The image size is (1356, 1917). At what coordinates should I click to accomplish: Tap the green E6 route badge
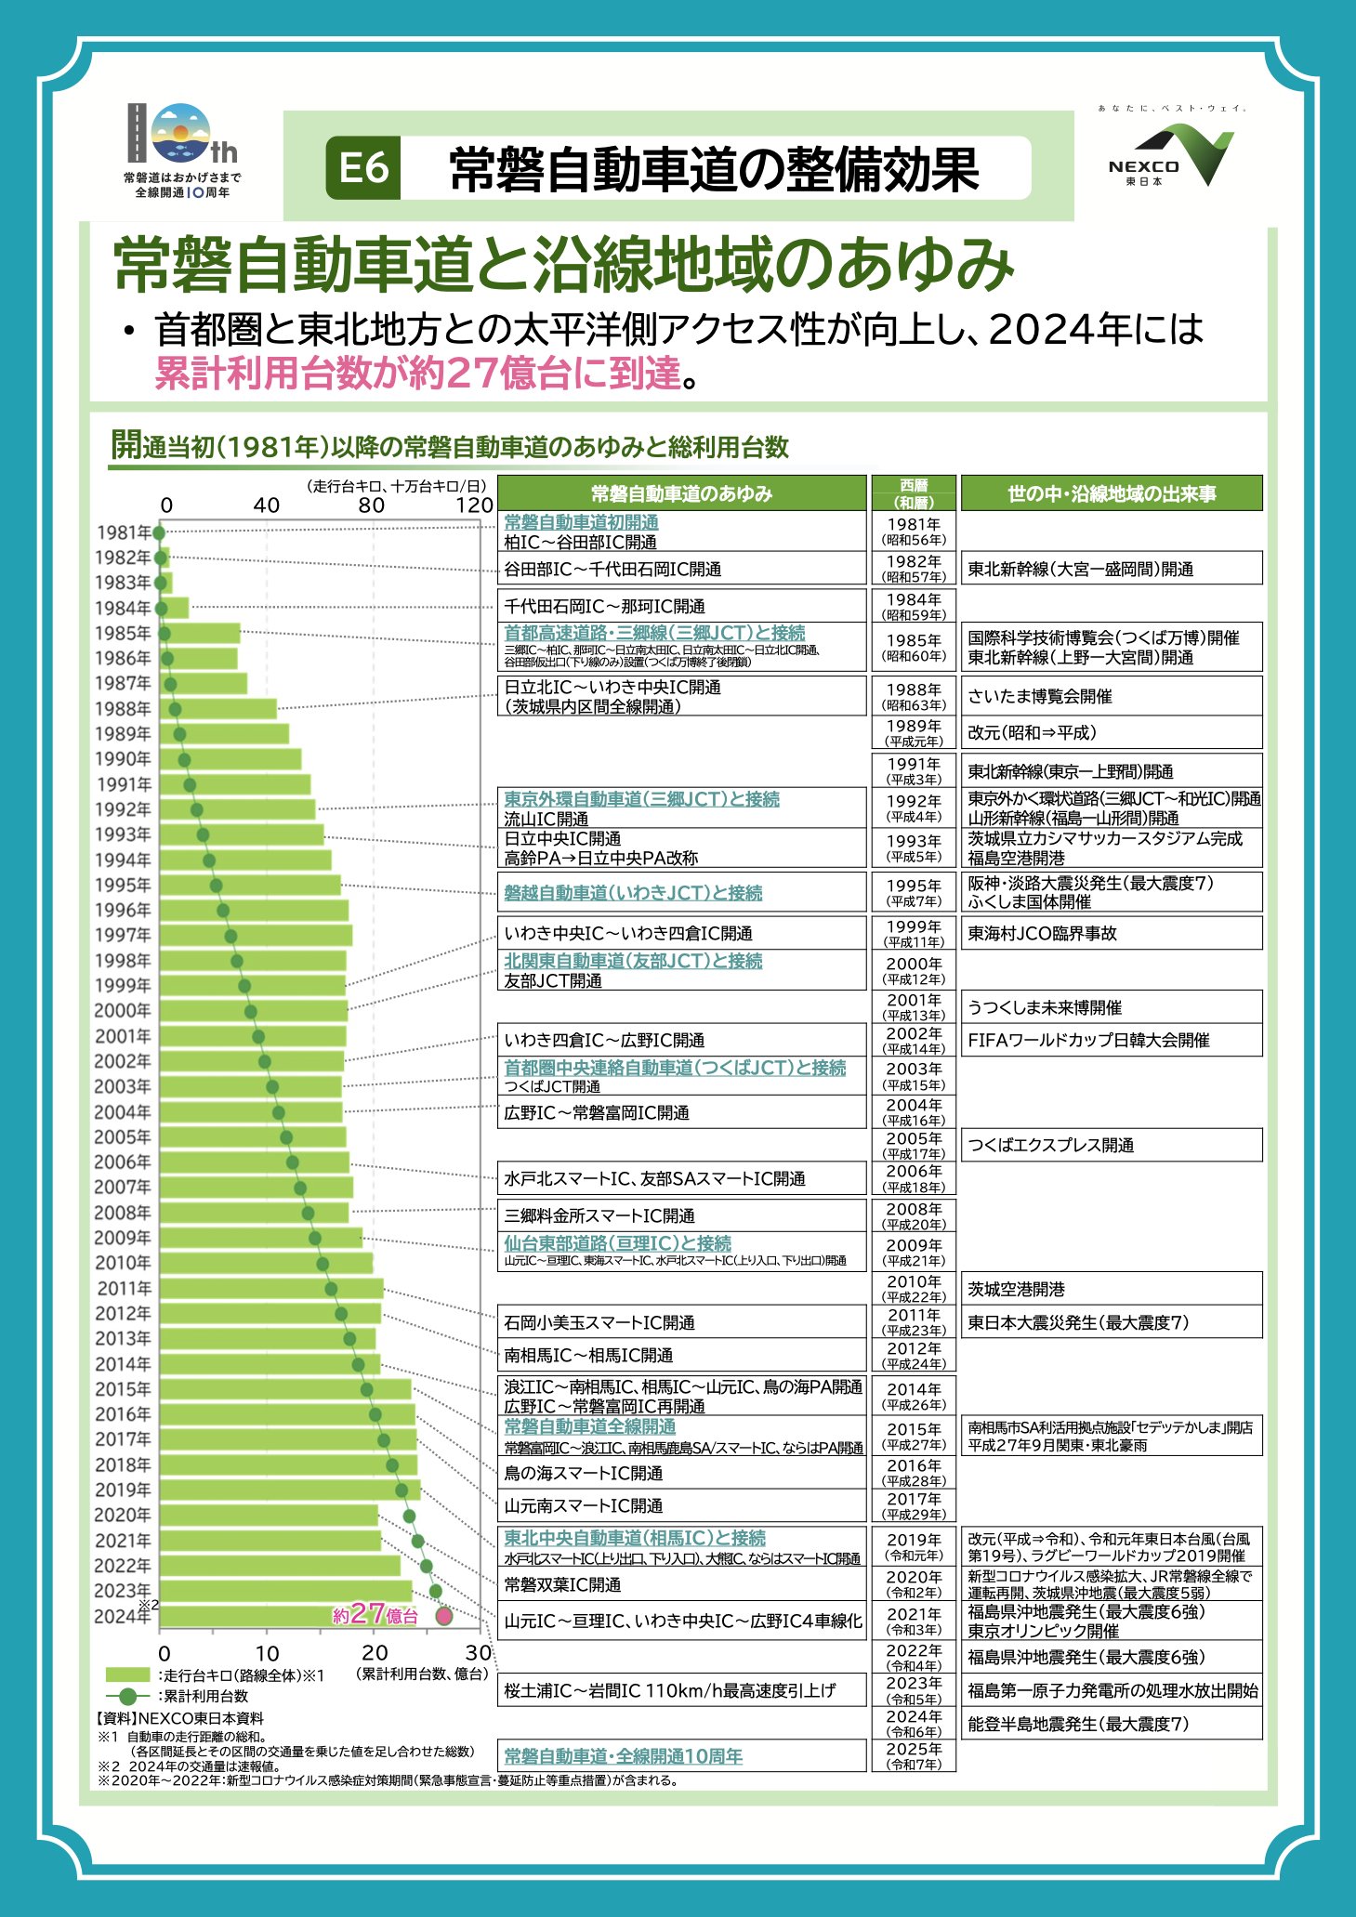pyautogui.click(x=363, y=168)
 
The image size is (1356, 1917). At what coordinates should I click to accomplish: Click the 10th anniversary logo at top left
pyautogui.click(x=182, y=150)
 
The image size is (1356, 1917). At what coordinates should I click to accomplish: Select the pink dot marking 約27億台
pyautogui.click(x=444, y=1616)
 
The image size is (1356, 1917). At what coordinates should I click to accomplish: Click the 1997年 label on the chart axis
pyautogui.click(x=123, y=935)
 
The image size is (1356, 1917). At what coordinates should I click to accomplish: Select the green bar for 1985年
pyautogui.click(x=200, y=634)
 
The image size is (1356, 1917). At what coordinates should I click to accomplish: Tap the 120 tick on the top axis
pyautogui.click(x=474, y=506)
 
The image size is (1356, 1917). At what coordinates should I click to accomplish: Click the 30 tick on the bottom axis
pyautogui.click(x=479, y=1653)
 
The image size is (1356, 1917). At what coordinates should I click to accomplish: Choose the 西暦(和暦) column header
pyautogui.click(x=914, y=493)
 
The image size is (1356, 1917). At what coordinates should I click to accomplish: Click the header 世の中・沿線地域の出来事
pyautogui.click(x=1112, y=493)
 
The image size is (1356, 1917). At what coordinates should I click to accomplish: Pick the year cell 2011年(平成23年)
pyautogui.click(x=914, y=1321)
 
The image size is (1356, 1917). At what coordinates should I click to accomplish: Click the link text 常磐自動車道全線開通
pyautogui.click(x=590, y=1426)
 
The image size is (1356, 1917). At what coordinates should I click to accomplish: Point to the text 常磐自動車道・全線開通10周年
pyautogui.click(x=624, y=1756)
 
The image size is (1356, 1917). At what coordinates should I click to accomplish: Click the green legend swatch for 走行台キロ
pyautogui.click(x=128, y=1674)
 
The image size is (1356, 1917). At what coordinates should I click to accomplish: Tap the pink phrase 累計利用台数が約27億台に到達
pyautogui.click(x=417, y=373)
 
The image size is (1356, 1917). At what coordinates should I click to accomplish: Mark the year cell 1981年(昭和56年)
pyautogui.click(x=914, y=532)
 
